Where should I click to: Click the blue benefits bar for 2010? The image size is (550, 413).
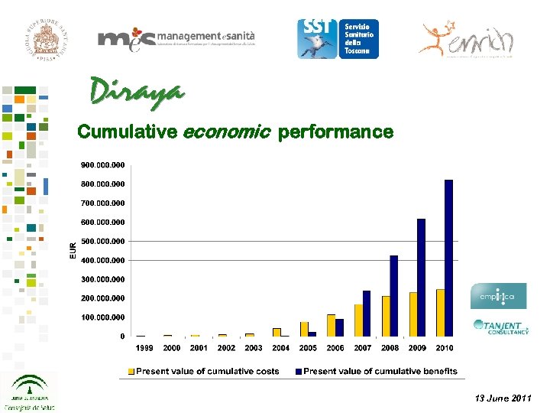[449, 258]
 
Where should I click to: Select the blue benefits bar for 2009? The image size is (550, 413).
[421, 277]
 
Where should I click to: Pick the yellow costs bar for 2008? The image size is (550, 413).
[386, 316]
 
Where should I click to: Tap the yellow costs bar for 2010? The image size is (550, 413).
[440, 312]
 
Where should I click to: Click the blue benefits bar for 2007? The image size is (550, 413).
[367, 313]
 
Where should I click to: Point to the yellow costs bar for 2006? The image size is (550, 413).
[331, 325]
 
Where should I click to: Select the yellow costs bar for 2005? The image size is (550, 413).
[304, 329]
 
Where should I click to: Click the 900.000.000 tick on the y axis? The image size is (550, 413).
[104, 165]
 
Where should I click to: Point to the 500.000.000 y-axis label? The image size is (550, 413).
[104, 241]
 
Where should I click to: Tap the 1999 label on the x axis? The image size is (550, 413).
[144, 348]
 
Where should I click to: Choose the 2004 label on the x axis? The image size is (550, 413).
[280, 348]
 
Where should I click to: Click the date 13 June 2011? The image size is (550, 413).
[503, 398]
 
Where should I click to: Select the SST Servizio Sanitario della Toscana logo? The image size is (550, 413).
[338, 38]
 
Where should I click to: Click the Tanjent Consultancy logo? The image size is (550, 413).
[501, 327]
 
